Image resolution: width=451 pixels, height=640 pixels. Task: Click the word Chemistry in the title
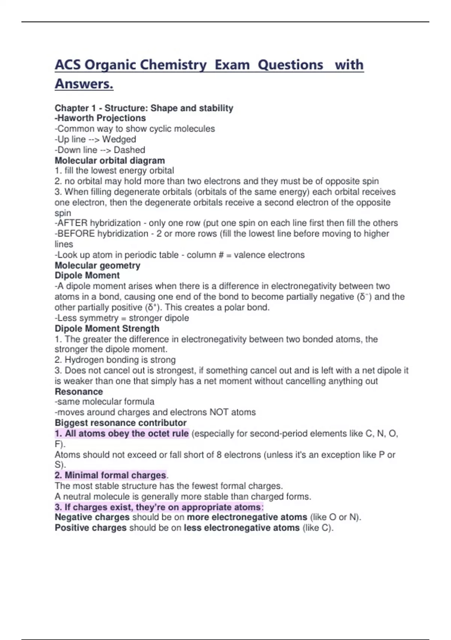173,65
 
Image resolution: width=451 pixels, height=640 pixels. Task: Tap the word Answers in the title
84,84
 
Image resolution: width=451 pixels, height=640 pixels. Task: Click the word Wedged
119,139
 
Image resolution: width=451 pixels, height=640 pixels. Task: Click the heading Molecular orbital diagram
110,160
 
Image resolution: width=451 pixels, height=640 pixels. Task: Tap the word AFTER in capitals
72,223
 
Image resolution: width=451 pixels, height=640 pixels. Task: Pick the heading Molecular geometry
97,265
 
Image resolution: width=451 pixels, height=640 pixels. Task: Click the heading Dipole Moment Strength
107,329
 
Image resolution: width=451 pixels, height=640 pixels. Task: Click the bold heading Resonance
79,392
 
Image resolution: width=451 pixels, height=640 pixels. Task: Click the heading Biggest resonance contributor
121,423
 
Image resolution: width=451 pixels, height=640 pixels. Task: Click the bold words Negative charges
92,517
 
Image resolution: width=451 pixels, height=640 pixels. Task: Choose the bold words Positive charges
91,528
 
